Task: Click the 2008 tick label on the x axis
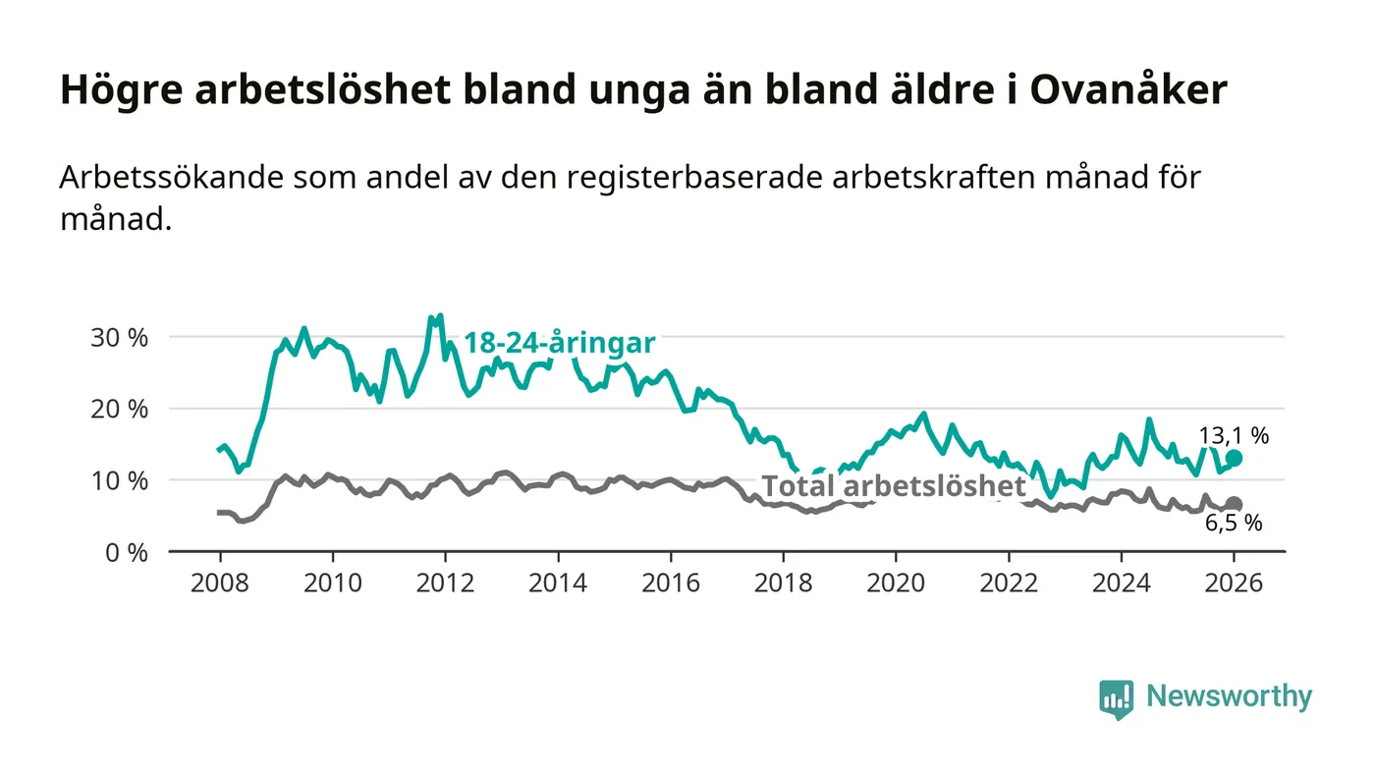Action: [220, 582]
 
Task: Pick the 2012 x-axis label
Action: [445, 582]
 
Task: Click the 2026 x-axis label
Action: [1234, 582]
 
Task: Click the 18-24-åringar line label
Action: [559, 344]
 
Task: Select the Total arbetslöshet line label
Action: [894, 486]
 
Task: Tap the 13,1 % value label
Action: [1234, 436]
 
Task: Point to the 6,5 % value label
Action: [1234, 524]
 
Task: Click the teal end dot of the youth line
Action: [1234, 458]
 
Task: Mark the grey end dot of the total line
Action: [1234, 504]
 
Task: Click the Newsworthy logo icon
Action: [1116, 698]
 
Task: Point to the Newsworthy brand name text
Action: [1229, 696]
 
